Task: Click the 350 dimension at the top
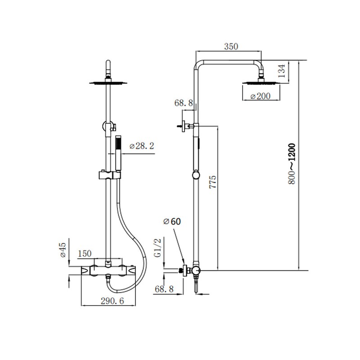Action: click(230, 46)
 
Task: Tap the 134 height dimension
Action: click(294, 71)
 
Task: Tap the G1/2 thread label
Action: click(157, 248)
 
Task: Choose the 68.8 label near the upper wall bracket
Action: click(184, 103)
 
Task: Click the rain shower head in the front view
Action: click(108, 82)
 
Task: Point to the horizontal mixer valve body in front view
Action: click(108, 270)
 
